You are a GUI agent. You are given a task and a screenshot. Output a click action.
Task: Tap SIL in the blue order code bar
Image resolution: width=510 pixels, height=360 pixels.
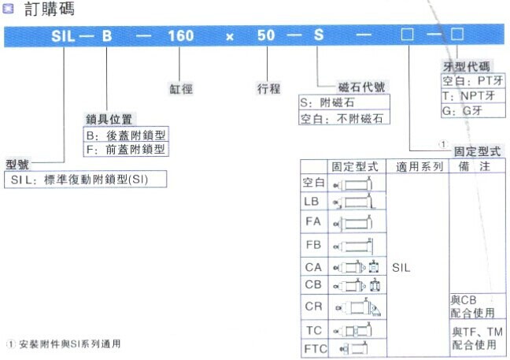pos(65,37)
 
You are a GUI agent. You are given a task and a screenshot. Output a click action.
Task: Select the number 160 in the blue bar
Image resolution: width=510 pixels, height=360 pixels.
pos(181,37)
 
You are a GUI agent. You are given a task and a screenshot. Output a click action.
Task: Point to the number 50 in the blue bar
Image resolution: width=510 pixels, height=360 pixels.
pos(269,37)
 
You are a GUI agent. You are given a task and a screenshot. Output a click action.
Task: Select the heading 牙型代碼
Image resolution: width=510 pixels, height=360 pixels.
pos(466,67)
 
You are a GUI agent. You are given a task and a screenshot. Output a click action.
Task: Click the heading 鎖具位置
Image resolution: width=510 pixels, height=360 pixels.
pos(109,119)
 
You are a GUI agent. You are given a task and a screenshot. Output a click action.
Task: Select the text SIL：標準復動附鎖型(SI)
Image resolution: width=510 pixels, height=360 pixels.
pos(87,180)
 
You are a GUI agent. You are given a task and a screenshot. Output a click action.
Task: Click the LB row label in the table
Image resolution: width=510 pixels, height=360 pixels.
pos(312,202)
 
